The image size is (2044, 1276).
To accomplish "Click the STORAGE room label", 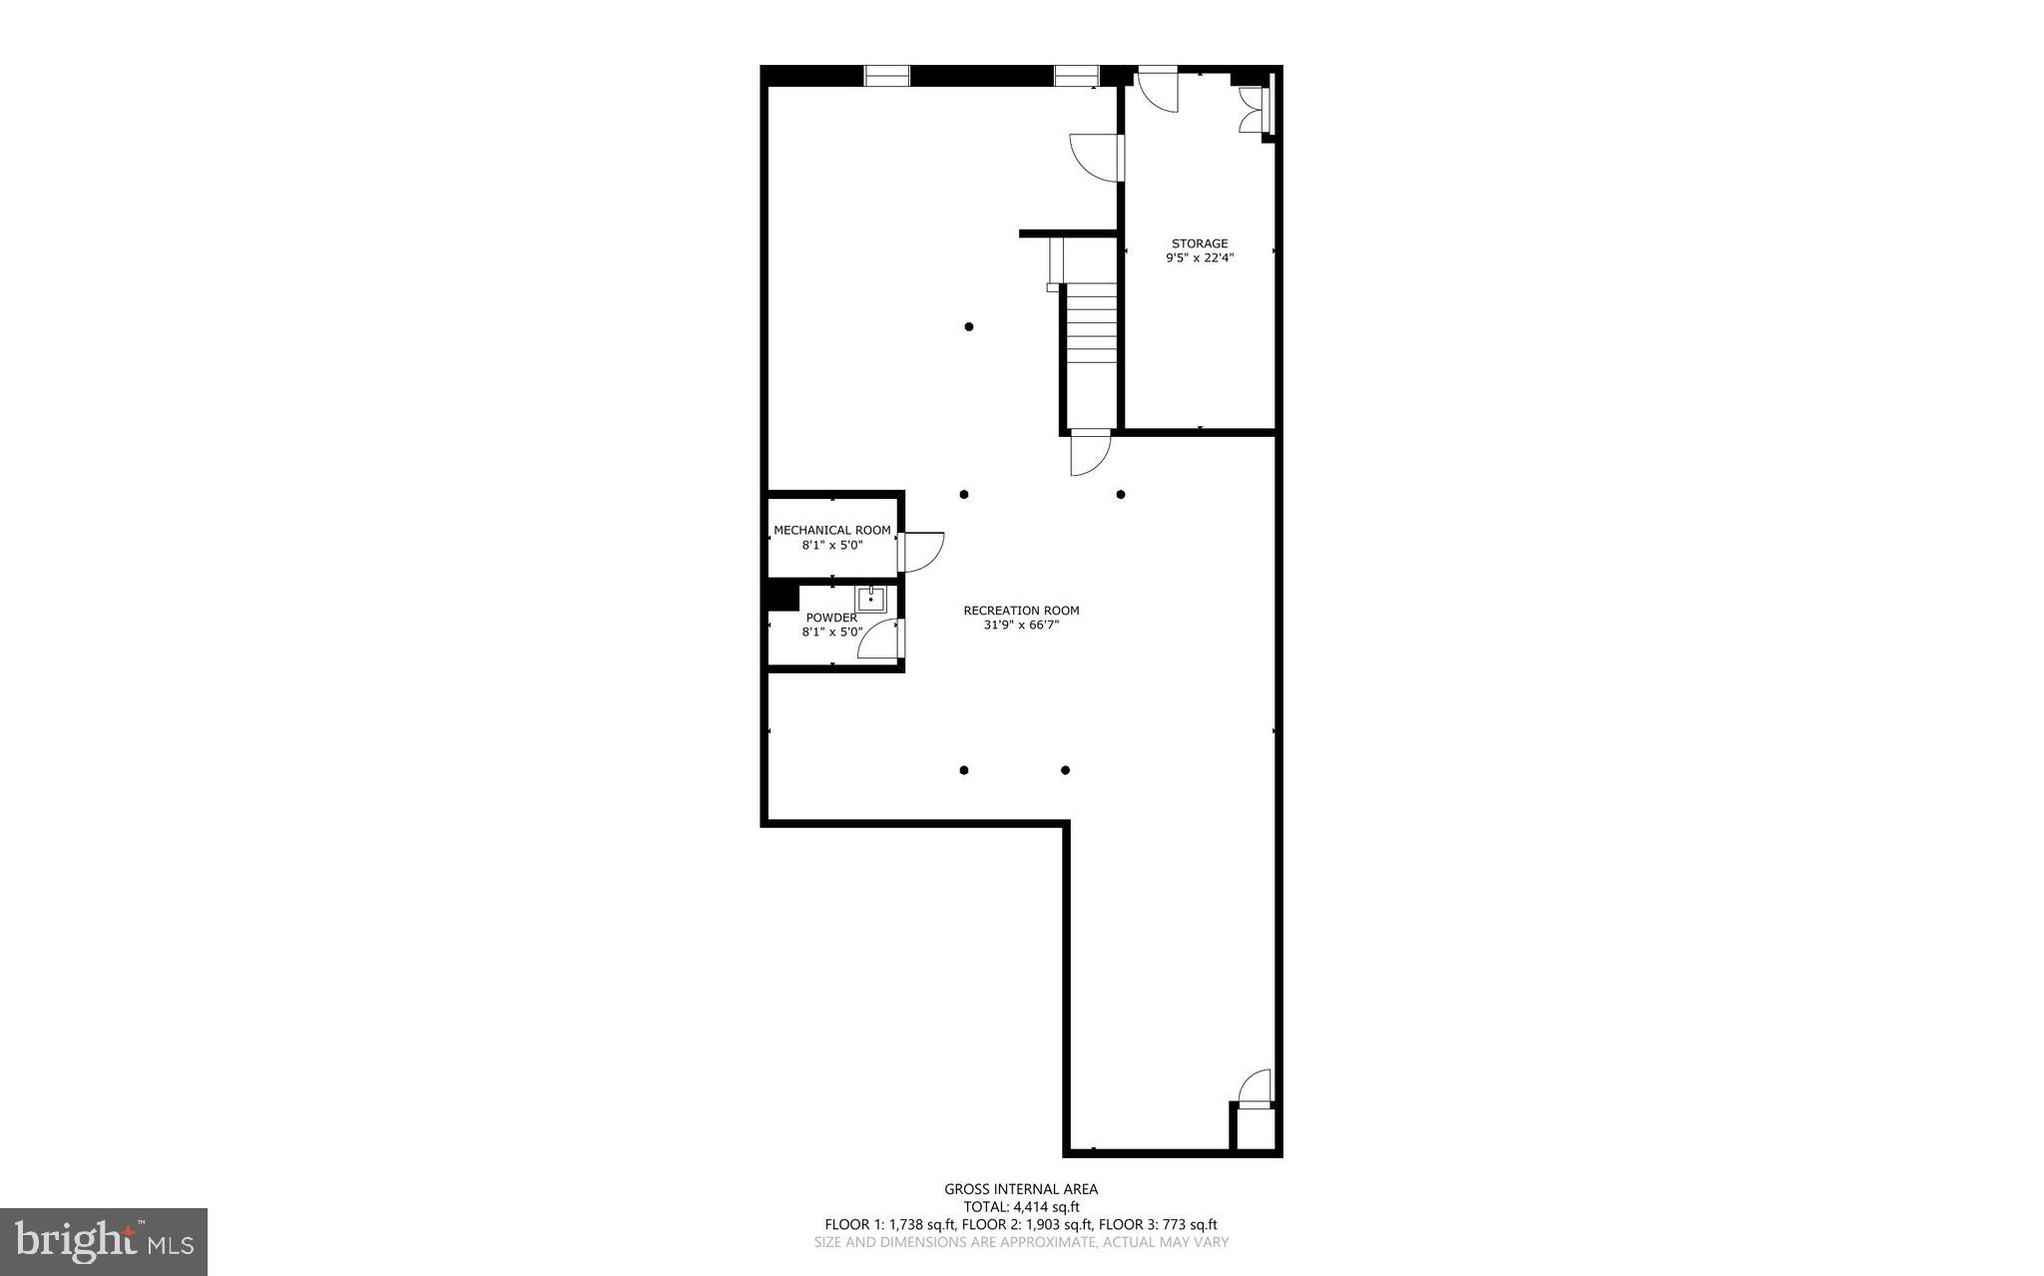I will (1199, 243).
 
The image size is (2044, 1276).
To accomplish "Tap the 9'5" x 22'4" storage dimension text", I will (1199, 258).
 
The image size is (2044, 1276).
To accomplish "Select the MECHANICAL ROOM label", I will (832, 531).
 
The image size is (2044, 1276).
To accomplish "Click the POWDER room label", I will (831, 618).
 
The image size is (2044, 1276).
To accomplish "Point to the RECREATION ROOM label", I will (1021, 611).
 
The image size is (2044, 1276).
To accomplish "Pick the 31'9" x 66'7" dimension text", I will (1021, 626).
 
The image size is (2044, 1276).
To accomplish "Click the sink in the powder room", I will (870, 599).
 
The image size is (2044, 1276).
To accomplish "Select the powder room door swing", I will (880, 638).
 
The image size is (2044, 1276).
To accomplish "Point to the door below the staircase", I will (1089, 454).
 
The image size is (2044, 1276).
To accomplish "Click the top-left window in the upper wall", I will (886, 75).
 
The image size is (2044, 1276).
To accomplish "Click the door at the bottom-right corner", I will (1255, 1088).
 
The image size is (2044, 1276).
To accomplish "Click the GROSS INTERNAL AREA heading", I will (1021, 1189).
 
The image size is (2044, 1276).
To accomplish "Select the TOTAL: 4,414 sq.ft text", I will (1021, 1207).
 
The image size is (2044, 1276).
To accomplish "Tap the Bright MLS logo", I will (104, 1241).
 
